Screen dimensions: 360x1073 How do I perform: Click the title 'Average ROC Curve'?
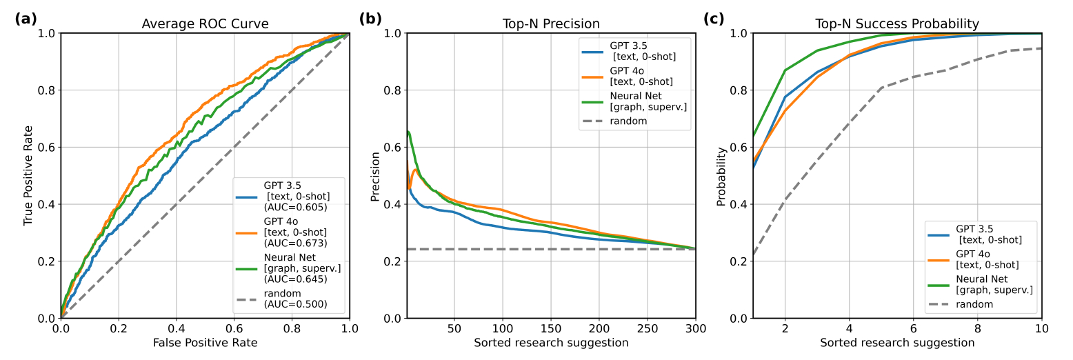click(x=205, y=24)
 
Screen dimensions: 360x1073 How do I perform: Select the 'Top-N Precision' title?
click(x=551, y=24)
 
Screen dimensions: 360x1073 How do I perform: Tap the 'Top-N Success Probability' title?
click(x=896, y=24)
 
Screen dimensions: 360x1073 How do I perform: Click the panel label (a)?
click(x=26, y=19)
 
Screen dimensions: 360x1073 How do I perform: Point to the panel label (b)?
click(x=370, y=19)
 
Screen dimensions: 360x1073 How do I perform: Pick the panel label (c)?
click(x=714, y=19)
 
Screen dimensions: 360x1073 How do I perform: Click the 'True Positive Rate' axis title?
click(x=28, y=175)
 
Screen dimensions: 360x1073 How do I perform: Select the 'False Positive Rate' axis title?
click(x=205, y=343)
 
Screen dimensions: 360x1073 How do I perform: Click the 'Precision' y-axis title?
click(x=375, y=175)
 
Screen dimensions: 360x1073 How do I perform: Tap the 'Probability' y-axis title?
click(x=721, y=175)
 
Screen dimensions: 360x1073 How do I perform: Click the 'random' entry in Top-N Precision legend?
click(x=628, y=121)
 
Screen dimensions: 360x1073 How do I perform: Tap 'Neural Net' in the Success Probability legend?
click(x=982, y=279)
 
